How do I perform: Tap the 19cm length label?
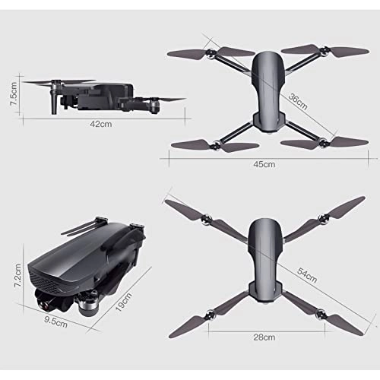[x=138, y=302]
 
